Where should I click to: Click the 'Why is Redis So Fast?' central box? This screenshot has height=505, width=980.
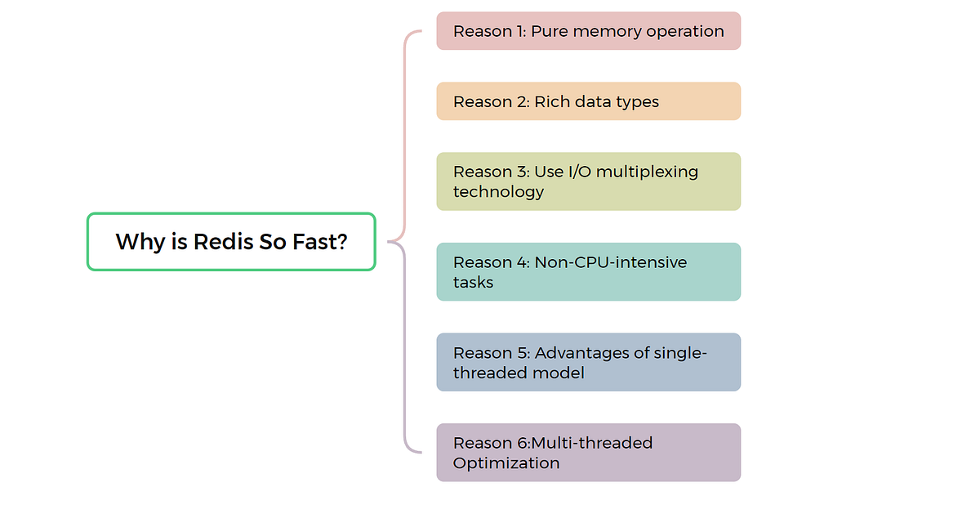click(231, 242)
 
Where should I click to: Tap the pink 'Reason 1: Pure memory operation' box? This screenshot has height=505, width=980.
click(588, 31)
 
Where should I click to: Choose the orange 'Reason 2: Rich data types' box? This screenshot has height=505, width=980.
click(588, 101)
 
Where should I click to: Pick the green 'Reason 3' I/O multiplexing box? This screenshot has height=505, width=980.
click(588, 181)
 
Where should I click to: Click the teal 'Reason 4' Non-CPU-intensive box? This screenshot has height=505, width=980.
click(588, 272)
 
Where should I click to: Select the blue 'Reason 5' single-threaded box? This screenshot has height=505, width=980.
click(588, 362)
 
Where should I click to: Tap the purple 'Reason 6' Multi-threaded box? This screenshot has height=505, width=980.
click(588, 453)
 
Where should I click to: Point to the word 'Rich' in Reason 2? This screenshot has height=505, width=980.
click(551, 102)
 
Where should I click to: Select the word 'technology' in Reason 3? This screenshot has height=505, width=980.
click(498, 192)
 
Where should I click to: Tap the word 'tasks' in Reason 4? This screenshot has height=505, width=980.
click(474, 283)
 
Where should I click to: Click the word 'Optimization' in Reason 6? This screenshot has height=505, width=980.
click(506, 463)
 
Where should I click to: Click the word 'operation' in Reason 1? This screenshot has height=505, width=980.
click(686, 32)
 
